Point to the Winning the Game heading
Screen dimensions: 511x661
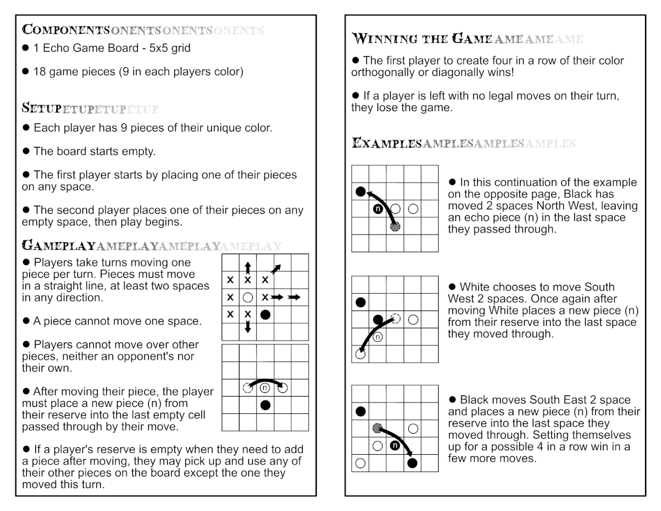[422, 39]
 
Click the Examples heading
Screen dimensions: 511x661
[386, 143]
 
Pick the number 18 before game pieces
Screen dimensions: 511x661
[40, 72]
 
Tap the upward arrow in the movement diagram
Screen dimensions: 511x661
[248, 266]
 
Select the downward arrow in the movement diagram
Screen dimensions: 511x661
[248, 328]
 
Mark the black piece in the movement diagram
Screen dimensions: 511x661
[265, 315]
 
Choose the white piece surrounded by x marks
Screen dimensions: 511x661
[248, 298]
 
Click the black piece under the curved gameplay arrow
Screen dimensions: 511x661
[265, 405]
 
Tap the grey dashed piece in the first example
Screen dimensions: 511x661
[395, 226]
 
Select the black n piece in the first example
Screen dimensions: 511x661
[377, 209]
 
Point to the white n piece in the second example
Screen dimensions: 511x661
[377, 337]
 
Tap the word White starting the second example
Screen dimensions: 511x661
[475, 287]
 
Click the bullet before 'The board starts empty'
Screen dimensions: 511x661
[26, 151]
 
